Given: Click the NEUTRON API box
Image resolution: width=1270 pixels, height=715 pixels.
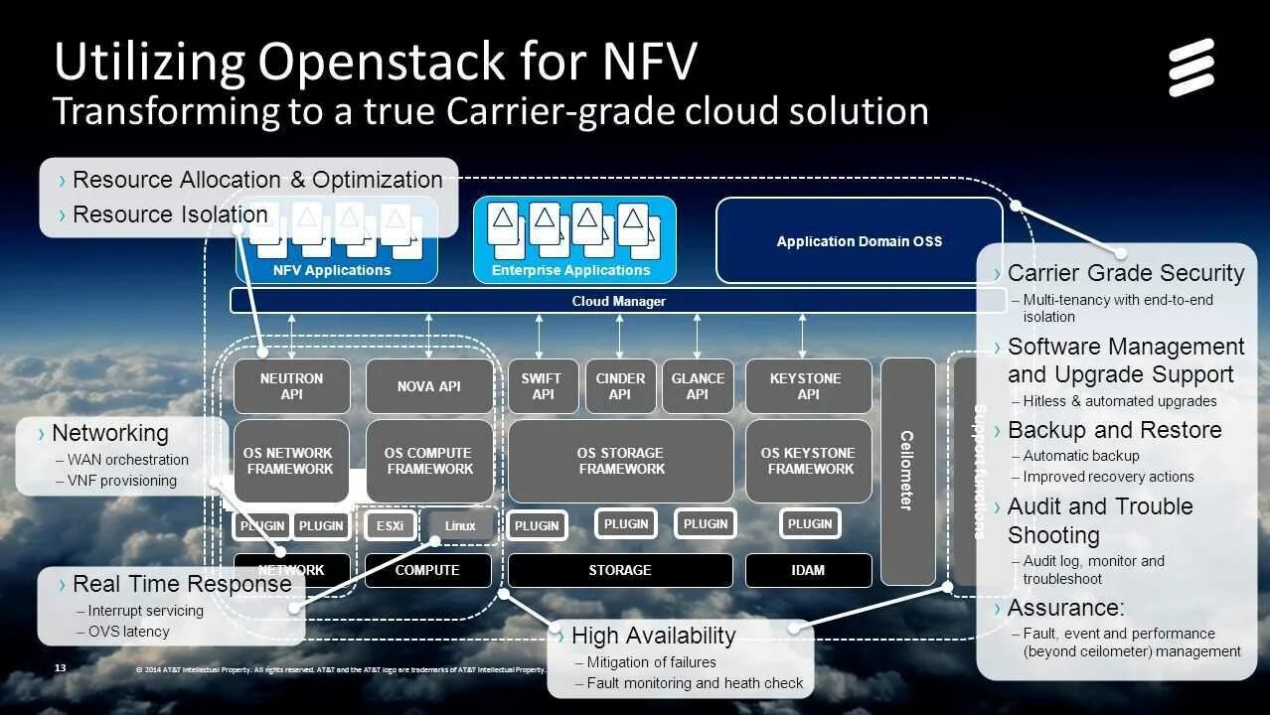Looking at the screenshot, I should click(x=292, y=386).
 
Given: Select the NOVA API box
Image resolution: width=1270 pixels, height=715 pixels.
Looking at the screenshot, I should click(x=429, y=386).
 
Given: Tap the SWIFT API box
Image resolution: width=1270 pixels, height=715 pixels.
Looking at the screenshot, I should click(x=543, y=386).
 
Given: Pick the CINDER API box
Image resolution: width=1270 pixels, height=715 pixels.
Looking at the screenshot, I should click(x=620, y=386).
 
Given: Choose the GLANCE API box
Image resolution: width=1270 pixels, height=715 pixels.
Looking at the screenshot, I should click(x=698, y=386).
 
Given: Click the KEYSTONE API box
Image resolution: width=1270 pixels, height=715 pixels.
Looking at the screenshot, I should click(x=808, y=386).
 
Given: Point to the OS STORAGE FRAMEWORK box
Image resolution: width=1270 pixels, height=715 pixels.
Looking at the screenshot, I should click(x=621, y=461).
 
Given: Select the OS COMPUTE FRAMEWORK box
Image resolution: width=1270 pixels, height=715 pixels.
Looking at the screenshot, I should click(x=429, y=461).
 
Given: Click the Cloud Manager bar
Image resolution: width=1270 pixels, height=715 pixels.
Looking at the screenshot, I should click(x=618, y=301).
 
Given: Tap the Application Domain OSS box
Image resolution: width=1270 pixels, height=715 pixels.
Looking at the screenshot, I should click(x=859, y=241).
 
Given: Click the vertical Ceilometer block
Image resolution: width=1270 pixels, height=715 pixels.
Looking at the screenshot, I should click(x=907, y=471).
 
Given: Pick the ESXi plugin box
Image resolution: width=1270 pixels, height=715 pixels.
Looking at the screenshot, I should click(x=390, y=525).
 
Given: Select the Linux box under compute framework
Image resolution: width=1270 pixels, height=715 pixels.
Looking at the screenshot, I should click(x=459, y=525).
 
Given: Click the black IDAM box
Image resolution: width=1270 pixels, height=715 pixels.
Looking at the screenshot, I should click(x=808, y=570).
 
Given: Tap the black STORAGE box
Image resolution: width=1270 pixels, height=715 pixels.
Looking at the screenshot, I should click(x=620, y=570).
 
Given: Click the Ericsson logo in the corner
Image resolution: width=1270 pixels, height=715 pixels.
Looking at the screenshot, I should click(x=1191, y=68).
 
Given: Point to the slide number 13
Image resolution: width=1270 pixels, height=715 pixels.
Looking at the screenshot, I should click(x=60, y=668).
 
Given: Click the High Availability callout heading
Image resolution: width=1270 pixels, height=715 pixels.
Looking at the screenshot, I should click(x=653, y=636).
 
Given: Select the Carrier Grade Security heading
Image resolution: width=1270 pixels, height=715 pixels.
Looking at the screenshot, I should click(x=1125, y=273).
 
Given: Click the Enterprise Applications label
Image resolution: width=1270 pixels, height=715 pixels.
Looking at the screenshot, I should click(x=571, y=270).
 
